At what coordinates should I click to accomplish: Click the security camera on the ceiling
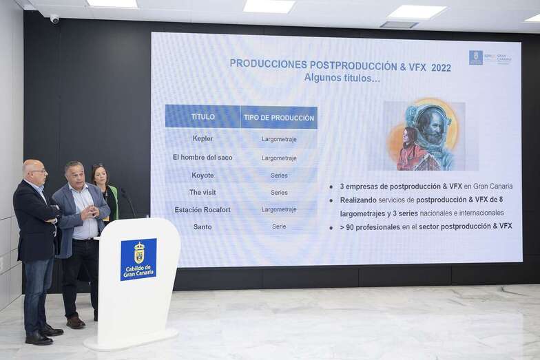coord(54,19)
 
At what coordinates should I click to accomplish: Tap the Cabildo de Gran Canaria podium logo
coord(138,259)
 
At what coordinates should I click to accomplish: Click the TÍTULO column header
coord(202,117)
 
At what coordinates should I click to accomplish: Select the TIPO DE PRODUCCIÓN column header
coord(279,117)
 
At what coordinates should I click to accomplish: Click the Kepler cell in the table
coord(202,138)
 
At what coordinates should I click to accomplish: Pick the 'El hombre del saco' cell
coord(202,158)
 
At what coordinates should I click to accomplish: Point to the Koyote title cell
coord(202,176)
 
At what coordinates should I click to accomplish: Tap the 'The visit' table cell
coord(202,193)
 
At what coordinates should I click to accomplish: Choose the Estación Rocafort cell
coord(202,209)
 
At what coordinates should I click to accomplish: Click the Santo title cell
coord(202,226)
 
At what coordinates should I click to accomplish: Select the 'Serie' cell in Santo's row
coord(279,226)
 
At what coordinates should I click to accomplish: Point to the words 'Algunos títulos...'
coord(342,78)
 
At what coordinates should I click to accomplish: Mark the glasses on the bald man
coord(39,171)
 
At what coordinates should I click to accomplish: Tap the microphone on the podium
coord(128,201)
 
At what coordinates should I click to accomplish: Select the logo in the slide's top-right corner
coord(490,58)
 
